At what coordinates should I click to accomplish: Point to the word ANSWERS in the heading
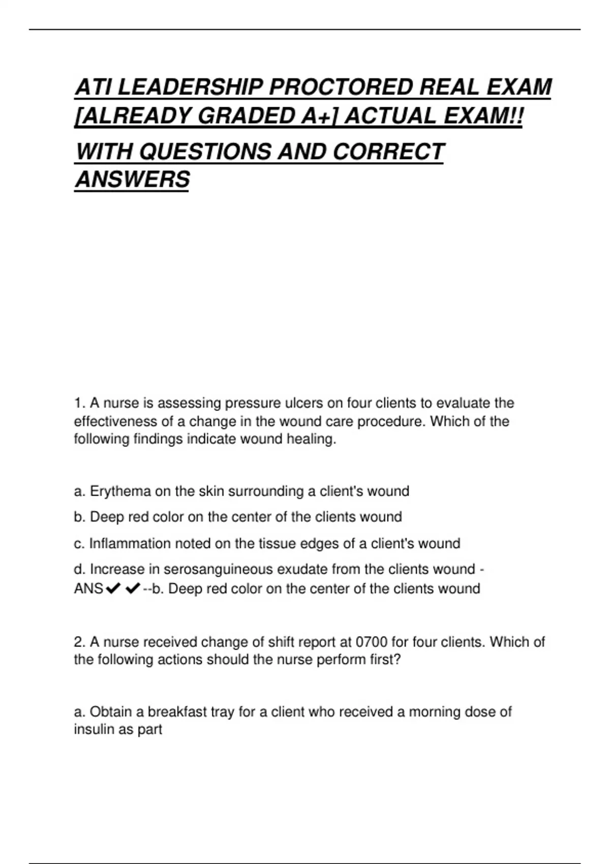[x=132, y=180]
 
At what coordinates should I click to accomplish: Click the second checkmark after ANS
[x=133, y=589]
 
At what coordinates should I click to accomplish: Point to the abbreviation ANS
[x=88, y=589]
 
